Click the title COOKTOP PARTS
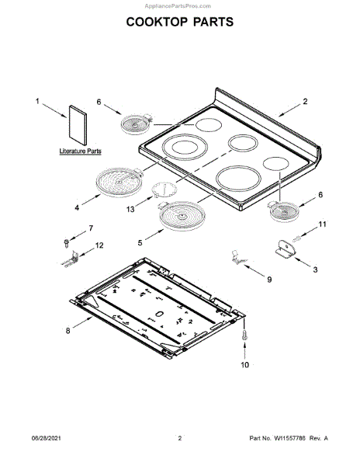pos(180,22)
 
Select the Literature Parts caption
pos(80,151)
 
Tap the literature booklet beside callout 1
pos(78,125)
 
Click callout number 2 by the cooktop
pos(305,101)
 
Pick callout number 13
pos(130,210)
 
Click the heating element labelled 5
pos(182,216)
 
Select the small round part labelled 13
pos(164,190)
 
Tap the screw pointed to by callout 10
pos(244,334)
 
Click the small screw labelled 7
pos(67,243)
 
